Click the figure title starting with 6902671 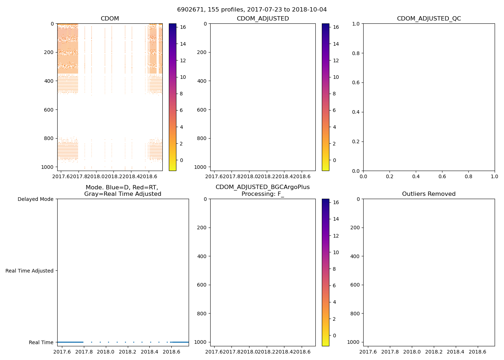252,10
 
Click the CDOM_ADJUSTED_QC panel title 429,19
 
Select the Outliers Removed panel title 429,194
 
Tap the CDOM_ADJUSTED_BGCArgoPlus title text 262,187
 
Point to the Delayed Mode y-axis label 35,199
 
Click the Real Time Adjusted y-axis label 30,271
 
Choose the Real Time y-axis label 41,342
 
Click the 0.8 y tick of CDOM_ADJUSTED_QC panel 356,53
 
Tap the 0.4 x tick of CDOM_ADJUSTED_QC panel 416,176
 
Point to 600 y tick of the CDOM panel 49,110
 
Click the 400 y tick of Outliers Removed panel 355,256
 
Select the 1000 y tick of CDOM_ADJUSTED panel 201,167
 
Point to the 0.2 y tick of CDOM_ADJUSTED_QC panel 356,141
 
